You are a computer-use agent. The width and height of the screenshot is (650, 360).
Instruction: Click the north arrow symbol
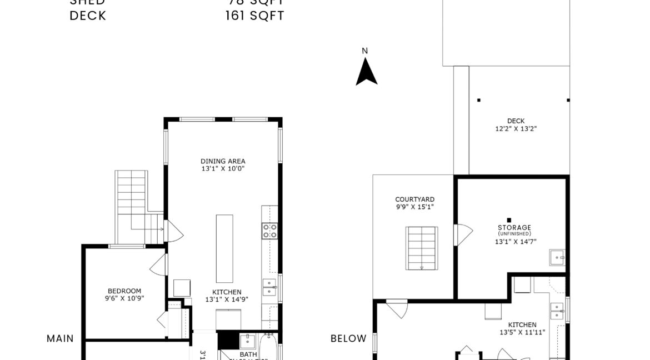point(366,72)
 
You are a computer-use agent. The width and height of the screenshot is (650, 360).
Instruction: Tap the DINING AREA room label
point(223,162)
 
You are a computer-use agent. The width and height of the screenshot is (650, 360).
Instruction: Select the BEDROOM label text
point(124,291)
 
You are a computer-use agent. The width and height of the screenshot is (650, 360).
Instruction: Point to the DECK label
point(516,121)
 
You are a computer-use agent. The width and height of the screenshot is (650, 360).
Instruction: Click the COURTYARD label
point(414,199)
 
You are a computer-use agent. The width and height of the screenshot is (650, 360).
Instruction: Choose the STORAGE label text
point(514,227)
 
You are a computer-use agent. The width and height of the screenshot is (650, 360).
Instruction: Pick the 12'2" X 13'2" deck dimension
point(516,128)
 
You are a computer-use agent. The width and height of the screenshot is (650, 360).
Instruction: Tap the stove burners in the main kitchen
point(270,231)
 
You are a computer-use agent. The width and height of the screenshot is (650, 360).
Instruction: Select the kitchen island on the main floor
point(224,248)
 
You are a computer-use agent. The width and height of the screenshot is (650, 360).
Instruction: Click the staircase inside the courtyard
point(422,248)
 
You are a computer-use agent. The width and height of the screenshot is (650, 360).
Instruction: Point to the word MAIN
point(60,338)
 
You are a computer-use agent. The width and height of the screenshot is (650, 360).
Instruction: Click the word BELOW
point(348,338)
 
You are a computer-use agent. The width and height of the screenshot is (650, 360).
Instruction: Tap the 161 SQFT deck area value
point(254,16)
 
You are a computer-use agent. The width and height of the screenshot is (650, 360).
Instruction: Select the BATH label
point(248,354)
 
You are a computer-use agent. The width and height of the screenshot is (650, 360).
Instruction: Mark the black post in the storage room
point(509,219)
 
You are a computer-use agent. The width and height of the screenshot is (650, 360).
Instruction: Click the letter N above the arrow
point(365,51)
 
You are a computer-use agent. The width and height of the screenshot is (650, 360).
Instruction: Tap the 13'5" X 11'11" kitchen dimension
point(522,332)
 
